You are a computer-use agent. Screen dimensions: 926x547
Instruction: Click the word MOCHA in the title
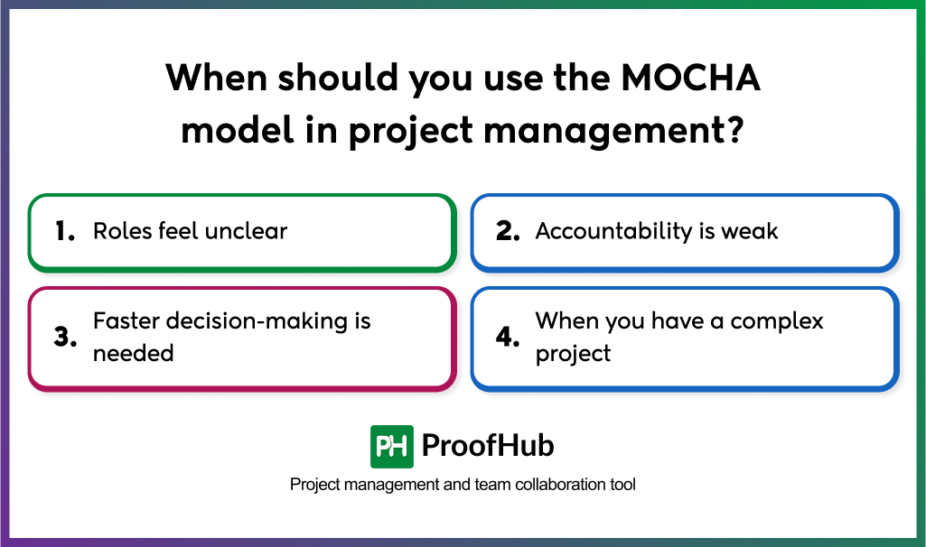(x=690, y=78)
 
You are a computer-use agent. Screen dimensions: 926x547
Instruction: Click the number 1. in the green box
(x=65, y=231)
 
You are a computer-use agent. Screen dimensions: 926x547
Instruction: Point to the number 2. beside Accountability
(x=508, y=231)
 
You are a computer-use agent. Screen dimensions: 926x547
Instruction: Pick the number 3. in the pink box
(x=65, y=337)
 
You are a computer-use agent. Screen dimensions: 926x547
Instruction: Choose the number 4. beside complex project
(x=508, y=337)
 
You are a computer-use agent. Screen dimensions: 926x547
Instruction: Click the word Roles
(x=122, y=231)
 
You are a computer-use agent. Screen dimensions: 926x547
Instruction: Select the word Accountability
(x=613, y=232)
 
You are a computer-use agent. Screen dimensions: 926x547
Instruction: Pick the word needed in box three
(x=134, y=353)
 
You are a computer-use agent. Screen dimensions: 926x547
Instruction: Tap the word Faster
(x=126, y=321)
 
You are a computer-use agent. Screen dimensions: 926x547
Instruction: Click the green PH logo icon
(x=391, y=447)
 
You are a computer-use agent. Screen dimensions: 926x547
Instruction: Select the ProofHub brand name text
(x=488, y=446)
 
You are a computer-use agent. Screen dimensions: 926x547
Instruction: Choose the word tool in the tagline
(x=623, y=485)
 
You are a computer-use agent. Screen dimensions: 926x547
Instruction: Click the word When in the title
(x=216, y=78)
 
